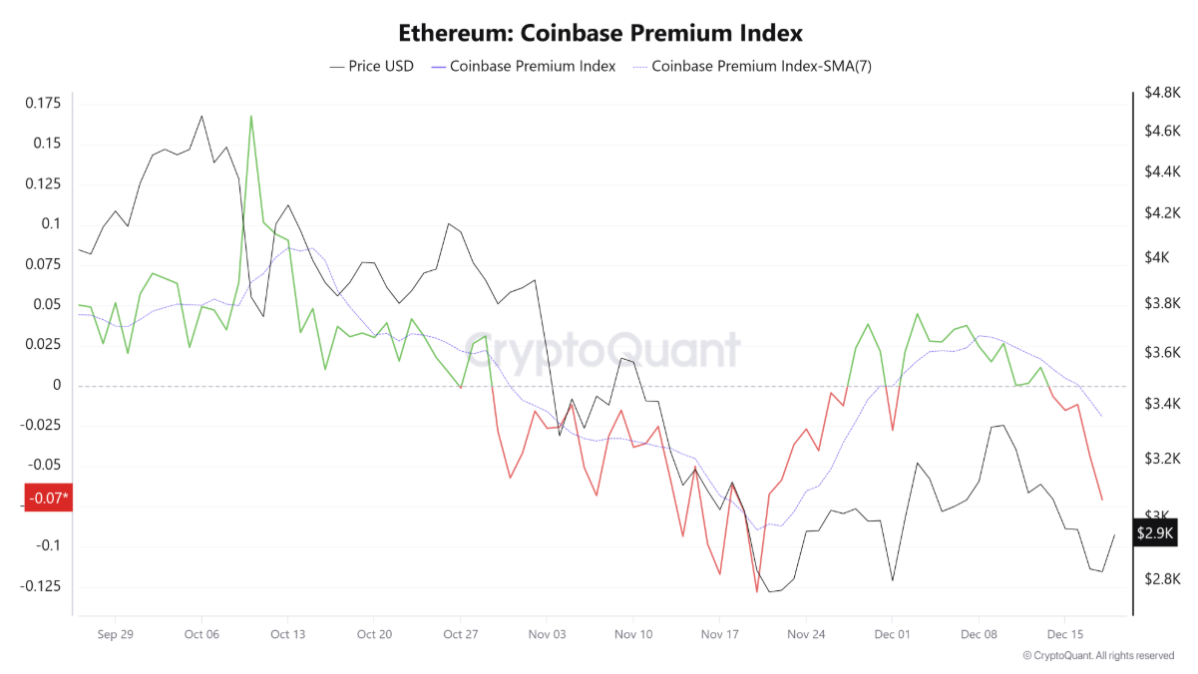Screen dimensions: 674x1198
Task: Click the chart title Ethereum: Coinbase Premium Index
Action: coord(599,33)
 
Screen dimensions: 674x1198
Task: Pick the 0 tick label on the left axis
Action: coord(57,385)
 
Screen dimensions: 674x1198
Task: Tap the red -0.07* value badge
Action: coord(48,498)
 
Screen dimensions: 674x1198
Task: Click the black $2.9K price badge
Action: coord(1156,533)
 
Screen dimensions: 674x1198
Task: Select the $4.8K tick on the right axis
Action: coord(1162,93)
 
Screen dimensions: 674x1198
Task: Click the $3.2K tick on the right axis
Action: coord(1162,460)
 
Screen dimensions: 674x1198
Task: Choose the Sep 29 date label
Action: coord(116,633)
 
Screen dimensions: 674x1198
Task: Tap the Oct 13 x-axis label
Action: coord(287,633)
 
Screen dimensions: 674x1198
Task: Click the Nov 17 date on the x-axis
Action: coord(719,633)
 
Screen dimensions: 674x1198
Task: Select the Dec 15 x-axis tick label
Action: coord(1065,633)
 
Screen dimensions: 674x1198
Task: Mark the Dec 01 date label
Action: coord(892,633)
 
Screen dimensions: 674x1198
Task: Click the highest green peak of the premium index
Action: coord(250,116)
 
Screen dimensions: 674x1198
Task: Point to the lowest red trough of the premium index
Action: coord(756,592)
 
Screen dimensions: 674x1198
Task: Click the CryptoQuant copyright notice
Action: coord(1098,655)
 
